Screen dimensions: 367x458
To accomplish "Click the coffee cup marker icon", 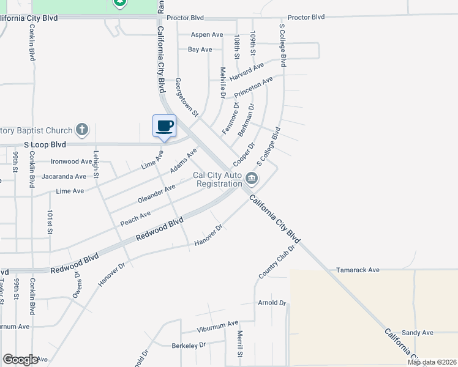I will coord(164,126).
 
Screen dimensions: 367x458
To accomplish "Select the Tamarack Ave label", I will coord(358,270).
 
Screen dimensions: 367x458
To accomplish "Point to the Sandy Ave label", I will coord(418,333).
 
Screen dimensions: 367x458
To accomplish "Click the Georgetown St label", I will coord(187,97).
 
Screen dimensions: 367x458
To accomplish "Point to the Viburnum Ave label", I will coord(217,324).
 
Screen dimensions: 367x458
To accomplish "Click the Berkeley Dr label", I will coord(189,346).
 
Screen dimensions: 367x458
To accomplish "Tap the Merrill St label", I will coord(241,344).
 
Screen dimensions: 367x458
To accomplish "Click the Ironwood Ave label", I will coord(71,161).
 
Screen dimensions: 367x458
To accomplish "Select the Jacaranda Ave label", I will coord(64,176).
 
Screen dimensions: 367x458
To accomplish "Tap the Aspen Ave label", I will coord(207,35).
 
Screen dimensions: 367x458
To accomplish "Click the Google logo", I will coord(21,360).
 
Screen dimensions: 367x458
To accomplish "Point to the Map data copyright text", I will coord(432,362).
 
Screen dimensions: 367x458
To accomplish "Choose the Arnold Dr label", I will coord(272,303).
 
